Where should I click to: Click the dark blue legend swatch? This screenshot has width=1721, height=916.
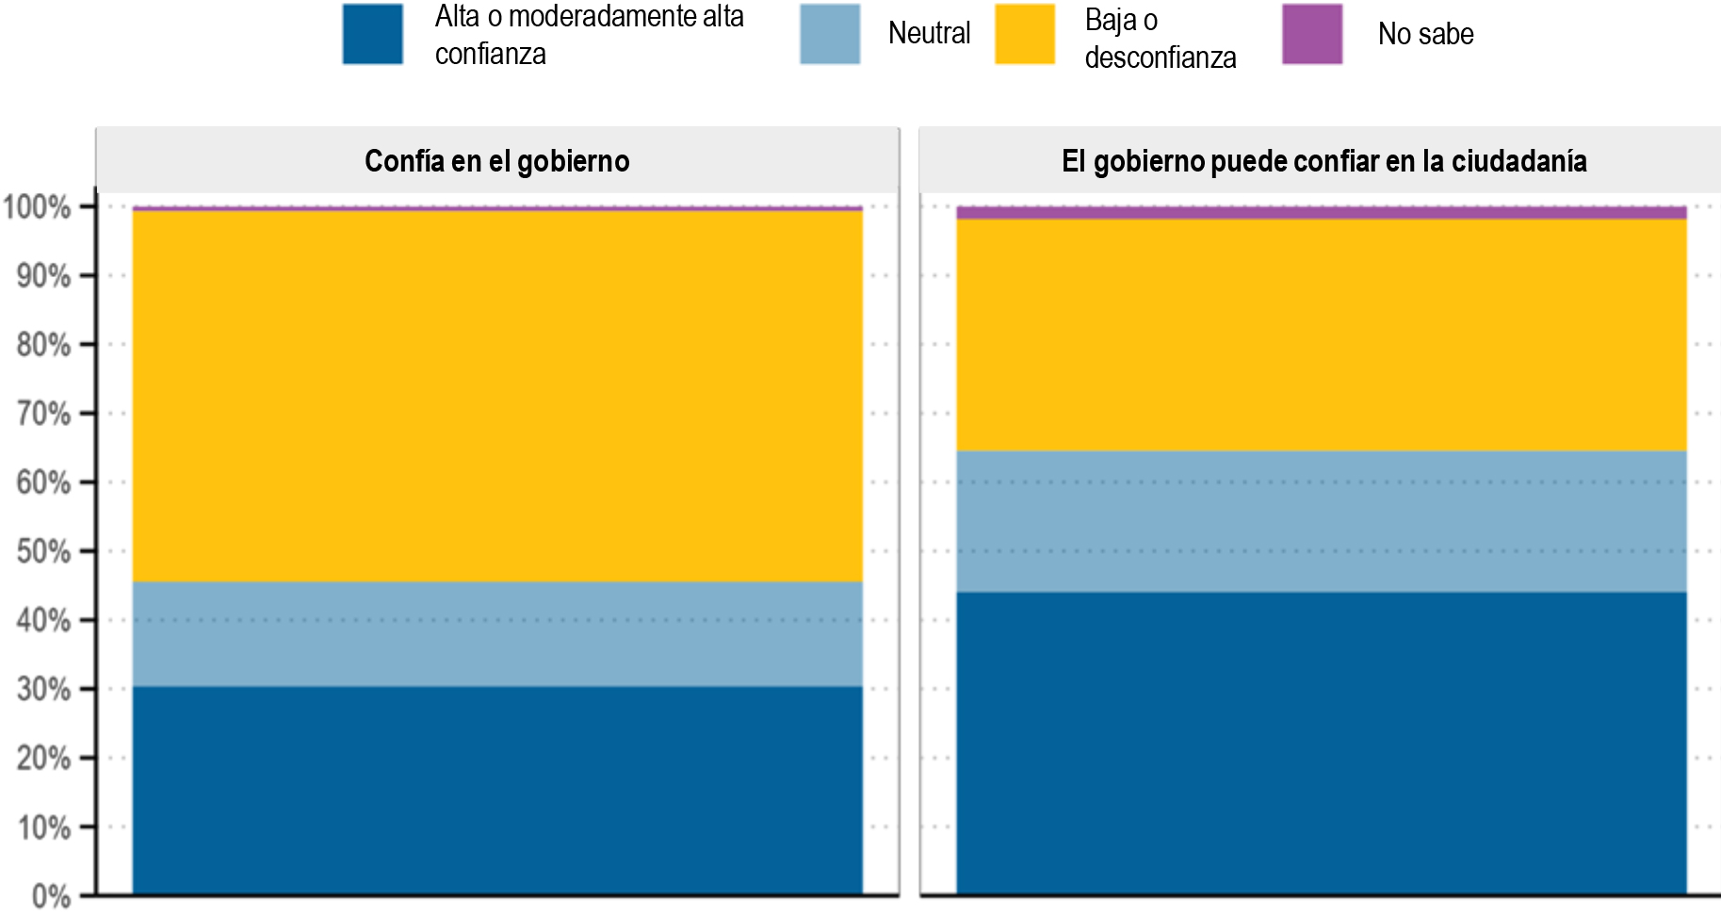(x=372, y=34)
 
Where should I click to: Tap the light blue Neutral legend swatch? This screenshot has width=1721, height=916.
(x=829, y=34)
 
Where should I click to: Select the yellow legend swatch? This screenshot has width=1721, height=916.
(x=1024, y=34)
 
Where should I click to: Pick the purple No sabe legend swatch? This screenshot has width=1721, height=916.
(x=1311, y=34)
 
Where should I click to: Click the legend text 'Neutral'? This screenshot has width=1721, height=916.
(x=929, y=34)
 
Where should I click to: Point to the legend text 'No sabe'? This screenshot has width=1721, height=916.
(x=1425, y=35)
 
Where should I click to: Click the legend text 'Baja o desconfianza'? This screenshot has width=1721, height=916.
(x=1160, y=39)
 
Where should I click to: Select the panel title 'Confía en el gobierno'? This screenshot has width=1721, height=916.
(x=496, y=161)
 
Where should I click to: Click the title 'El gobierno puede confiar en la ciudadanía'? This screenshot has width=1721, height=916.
(x=1323, y=161)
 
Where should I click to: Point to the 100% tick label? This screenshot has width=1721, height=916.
(x=37, y=207)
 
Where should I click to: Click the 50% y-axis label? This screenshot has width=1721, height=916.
(x=43, y=551)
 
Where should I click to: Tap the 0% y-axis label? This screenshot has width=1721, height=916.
(x=51, y=896)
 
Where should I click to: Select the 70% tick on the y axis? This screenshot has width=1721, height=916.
(x=43, y=414)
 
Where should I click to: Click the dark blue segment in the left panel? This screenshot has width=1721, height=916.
(x=497, y=790)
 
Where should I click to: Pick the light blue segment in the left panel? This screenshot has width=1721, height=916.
(x=497, y=633)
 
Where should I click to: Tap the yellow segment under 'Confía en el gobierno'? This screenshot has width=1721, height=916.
(x=497, y=396)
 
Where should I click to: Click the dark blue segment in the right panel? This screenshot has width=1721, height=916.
(x=1321, y=743)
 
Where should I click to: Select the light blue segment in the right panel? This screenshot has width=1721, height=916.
(x=1321, y=521)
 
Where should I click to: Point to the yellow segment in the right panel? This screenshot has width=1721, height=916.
(x=1321, y=335)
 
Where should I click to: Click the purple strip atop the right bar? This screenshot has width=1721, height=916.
(x=1321, y=213)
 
